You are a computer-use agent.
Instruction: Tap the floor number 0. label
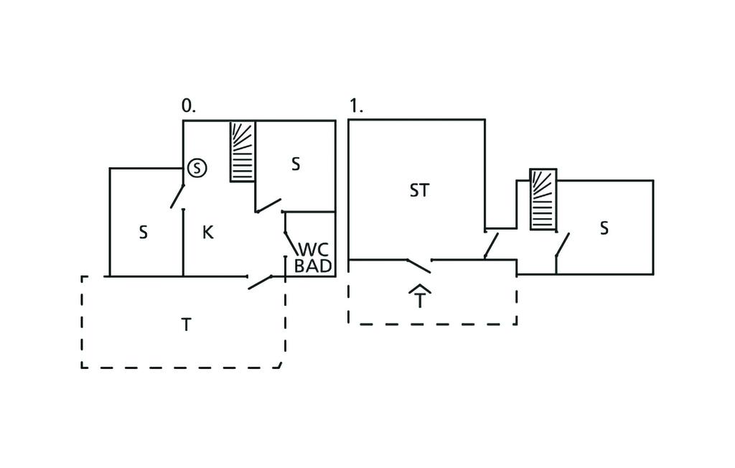point(188,106)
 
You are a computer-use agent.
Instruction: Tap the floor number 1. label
point(356,106)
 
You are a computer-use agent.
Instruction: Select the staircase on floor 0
point(243,151)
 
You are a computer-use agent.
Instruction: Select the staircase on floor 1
point(543,200)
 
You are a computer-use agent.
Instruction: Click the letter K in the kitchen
point(208,233)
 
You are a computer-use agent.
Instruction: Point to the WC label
point(314,250)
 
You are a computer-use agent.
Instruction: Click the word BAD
point(314,266)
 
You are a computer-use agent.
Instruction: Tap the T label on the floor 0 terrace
point(186,324)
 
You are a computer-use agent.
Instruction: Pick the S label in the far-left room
point(144,233)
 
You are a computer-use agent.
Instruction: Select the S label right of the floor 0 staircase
point(295,164)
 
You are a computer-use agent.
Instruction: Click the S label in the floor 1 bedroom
point(604,228)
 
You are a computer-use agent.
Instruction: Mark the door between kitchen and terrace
point(260,281)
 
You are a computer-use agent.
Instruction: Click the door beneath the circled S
point(177,196)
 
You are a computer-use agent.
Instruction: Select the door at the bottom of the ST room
point(418,266)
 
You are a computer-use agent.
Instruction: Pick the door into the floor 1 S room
point(562,245)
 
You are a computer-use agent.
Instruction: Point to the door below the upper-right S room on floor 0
point(268,205)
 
